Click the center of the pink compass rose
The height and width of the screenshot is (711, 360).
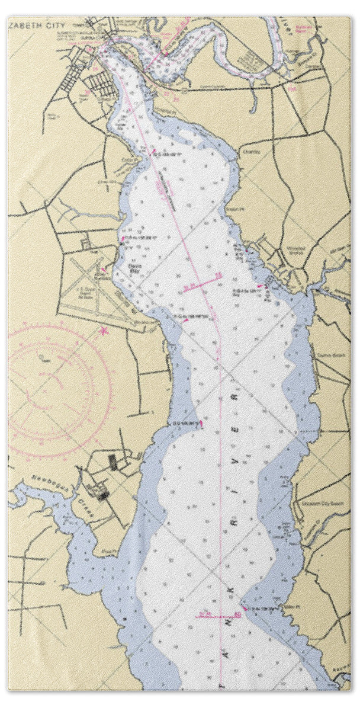tap(59, 391)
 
